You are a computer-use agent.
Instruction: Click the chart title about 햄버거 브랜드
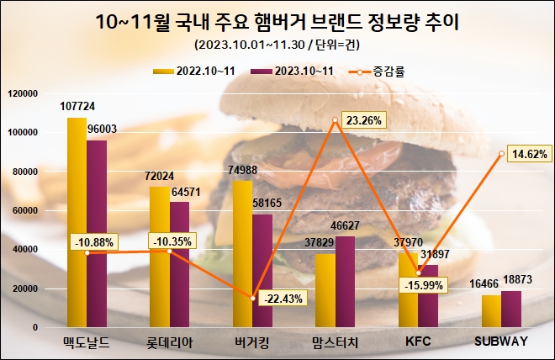[x=277, y=19]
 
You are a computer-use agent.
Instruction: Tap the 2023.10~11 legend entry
[x=294, y=71]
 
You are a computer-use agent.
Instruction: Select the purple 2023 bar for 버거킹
[x=262, y=269]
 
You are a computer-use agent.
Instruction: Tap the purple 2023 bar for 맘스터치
[x=346, y=282]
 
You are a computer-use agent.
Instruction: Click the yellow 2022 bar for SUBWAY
[x=491, y=310]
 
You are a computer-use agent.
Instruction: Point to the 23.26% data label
[x=363, y=121]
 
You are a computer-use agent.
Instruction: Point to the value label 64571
[x=187, y=192]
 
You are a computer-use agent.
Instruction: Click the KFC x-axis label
[x=418, y=341]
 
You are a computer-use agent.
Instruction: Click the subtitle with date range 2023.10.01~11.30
[x=277, y=43]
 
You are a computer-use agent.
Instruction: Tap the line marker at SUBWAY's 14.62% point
[x=501, y=154]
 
